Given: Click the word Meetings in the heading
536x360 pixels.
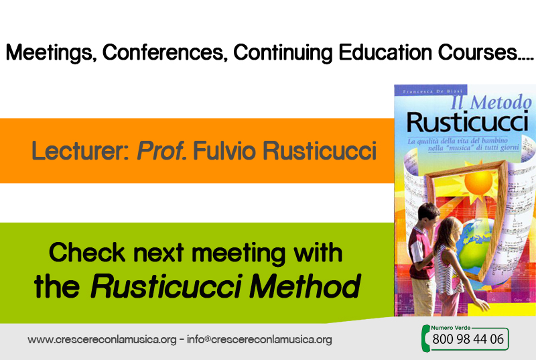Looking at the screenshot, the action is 49,53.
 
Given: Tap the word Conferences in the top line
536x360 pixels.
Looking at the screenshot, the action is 163,52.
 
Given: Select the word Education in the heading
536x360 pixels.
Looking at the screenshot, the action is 385,52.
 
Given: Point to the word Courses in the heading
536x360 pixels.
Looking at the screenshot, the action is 478,52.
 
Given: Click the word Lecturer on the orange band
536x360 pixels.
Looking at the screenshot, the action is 80,151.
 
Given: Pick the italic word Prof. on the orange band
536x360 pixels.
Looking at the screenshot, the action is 161,151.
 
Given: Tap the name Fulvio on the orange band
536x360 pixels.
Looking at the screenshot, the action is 224,151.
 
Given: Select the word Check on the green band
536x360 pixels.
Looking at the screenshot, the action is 87,253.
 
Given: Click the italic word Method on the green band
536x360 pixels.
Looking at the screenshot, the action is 305,286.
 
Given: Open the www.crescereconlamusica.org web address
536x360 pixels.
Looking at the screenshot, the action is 102,339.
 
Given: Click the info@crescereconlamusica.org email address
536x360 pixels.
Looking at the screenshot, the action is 259,339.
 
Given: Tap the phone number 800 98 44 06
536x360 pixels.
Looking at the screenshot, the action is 468,339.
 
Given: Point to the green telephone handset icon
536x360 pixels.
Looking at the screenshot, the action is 425,338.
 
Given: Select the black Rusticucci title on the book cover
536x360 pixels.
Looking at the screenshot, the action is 468,122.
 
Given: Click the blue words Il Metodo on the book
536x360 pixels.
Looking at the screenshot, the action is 491,102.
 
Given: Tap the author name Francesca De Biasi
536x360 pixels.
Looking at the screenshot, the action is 432,91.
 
